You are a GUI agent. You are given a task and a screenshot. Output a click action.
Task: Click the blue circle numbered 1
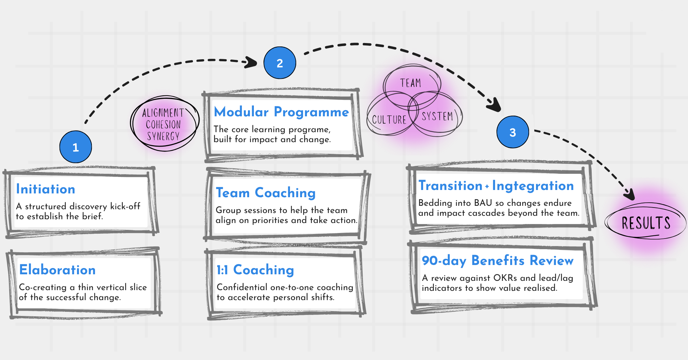click(x=76, y=147)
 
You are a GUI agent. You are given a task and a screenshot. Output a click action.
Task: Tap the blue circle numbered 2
click(x=280, y=63)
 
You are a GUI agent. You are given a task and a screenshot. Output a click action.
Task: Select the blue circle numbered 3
click(x=513, y=132)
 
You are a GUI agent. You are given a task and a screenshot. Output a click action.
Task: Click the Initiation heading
click(x=46, y=189)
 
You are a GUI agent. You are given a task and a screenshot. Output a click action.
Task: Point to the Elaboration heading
click(x=57, y=269)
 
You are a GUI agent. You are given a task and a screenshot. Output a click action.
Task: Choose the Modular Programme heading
click(x=281, y=112)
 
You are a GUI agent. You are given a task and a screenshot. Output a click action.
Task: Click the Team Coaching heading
click(x=266, y=193)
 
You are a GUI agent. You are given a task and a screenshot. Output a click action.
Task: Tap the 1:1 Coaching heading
click(x=255, y=270)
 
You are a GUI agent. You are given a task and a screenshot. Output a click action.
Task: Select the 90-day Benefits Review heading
click(x=497, y=261)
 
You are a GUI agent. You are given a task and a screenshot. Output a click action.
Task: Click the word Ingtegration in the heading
click(x=533, y=186)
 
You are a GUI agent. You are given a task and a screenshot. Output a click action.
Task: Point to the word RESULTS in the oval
click(x=646, y=223)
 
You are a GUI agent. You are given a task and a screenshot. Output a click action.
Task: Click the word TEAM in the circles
click(x=410, y=83)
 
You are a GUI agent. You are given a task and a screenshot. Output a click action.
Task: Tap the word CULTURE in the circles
click(x=389, y=120)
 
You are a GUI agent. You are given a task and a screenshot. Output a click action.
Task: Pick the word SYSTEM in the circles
click(x=437, y=116)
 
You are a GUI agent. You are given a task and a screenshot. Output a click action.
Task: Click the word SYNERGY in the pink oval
click(x=163, y=136)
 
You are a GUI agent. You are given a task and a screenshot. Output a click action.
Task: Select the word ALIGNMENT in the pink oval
click(x=163, y=113)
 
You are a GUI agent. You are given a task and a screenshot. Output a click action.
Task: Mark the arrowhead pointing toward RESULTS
click(x=630, y=195)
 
